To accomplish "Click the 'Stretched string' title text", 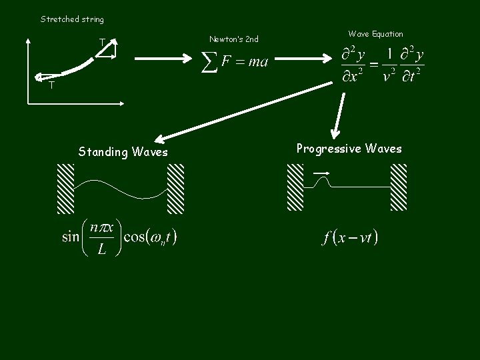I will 72,19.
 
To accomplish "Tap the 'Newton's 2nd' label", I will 233,39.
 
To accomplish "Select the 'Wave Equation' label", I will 375,34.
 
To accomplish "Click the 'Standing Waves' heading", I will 123,152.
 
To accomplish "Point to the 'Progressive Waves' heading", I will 349,149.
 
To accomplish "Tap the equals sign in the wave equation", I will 374,65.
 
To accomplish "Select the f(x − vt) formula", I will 349,237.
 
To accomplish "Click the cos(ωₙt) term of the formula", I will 150,237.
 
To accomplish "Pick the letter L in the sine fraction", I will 101,251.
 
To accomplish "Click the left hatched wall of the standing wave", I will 65,189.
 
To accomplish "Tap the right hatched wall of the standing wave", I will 175,189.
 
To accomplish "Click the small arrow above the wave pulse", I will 321,173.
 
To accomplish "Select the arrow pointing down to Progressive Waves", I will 340,117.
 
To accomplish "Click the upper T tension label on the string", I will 102,43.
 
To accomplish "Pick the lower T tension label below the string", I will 51,85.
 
